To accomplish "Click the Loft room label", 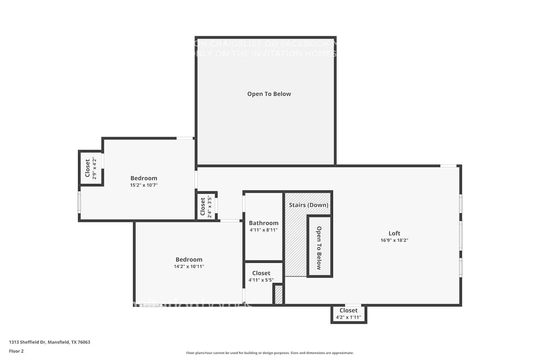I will tap(394, 233).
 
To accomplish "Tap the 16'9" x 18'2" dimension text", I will tap(394, 240).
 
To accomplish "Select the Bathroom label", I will tap(264, 223).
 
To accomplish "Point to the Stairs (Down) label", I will tap(309, 205).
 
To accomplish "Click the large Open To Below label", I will tap(269, 94).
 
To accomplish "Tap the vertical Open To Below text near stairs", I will tap(319, 248).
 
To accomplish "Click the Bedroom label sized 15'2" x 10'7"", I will tap(144, 178).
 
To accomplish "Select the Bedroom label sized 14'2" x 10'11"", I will tap(189, 260).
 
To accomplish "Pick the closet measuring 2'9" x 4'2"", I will tap(90, 168).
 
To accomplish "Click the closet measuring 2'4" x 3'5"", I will tap(206, 206).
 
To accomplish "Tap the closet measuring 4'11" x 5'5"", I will tap(261, 276).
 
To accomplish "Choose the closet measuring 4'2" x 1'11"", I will tap(348, 314).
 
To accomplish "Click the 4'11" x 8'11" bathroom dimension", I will tap(264, 230).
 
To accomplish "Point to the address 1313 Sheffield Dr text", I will tap(50, 342).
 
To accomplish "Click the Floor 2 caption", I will tap(16, 351).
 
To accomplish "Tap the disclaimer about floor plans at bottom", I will tap(270, 353).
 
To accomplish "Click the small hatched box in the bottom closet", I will tap(278, 294).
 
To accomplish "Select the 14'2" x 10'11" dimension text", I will tap(189, 267).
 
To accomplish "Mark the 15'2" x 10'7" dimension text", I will tap(144, 185).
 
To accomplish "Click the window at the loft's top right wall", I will tap(449, 166).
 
